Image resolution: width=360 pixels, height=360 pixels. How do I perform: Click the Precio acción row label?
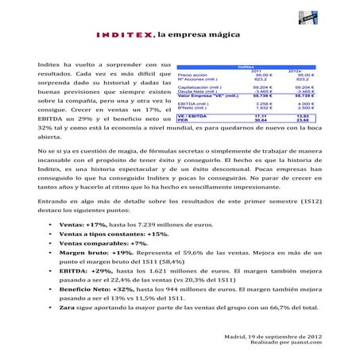click(x=193, y=75)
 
